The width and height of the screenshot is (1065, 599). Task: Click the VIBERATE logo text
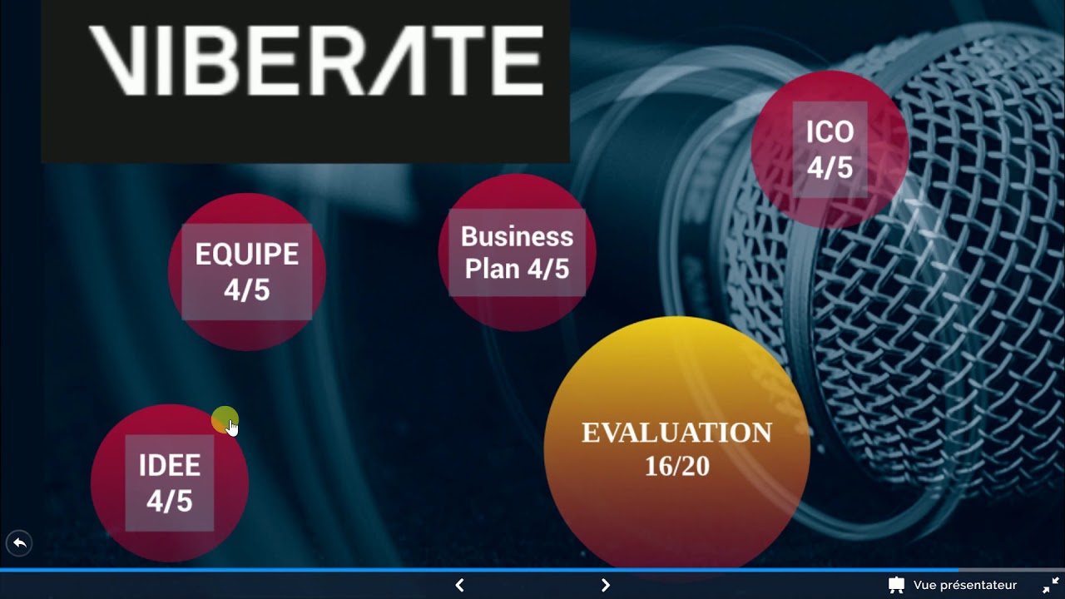316,61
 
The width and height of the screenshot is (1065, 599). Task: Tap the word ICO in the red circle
830,131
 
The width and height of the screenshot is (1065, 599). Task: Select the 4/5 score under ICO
830,167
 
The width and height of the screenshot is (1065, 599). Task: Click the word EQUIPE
247,254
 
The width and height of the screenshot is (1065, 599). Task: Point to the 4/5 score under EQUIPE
247,290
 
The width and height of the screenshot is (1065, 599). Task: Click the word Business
517,236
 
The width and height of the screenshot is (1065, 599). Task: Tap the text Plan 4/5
517,269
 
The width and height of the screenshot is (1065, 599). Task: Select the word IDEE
169,465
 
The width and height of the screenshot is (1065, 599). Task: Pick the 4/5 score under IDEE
169,501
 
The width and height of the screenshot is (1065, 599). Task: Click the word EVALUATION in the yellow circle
677,433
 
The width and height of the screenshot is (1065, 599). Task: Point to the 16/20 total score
677,466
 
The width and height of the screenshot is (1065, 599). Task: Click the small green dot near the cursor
224,419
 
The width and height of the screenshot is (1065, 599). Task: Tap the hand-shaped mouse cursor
232,428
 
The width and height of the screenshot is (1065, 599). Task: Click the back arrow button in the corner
19,543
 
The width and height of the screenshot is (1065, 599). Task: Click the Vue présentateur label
964,585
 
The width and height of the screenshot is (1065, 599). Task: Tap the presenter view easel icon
896,585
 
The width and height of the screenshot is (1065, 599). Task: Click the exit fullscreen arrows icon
1051,585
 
